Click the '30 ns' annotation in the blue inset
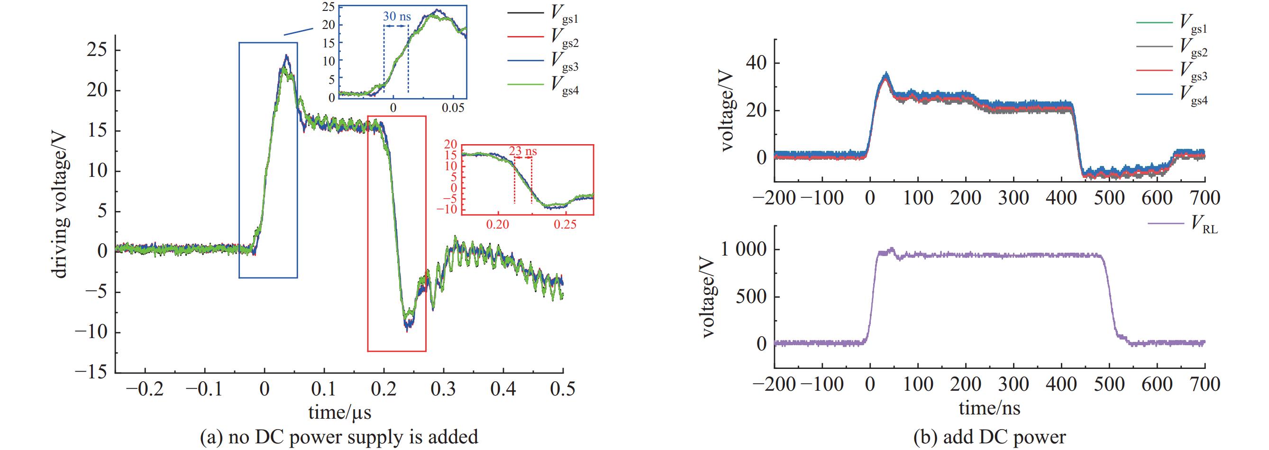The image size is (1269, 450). [x=397, y=16]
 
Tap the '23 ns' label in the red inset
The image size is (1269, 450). [x=523, y=151]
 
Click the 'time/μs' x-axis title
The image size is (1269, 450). [x=339, y=412]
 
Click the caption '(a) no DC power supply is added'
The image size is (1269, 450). [x=339, y=437]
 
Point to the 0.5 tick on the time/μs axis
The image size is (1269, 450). [x=563, y=389]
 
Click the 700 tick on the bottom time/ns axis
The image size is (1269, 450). [x=1205, y=385]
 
